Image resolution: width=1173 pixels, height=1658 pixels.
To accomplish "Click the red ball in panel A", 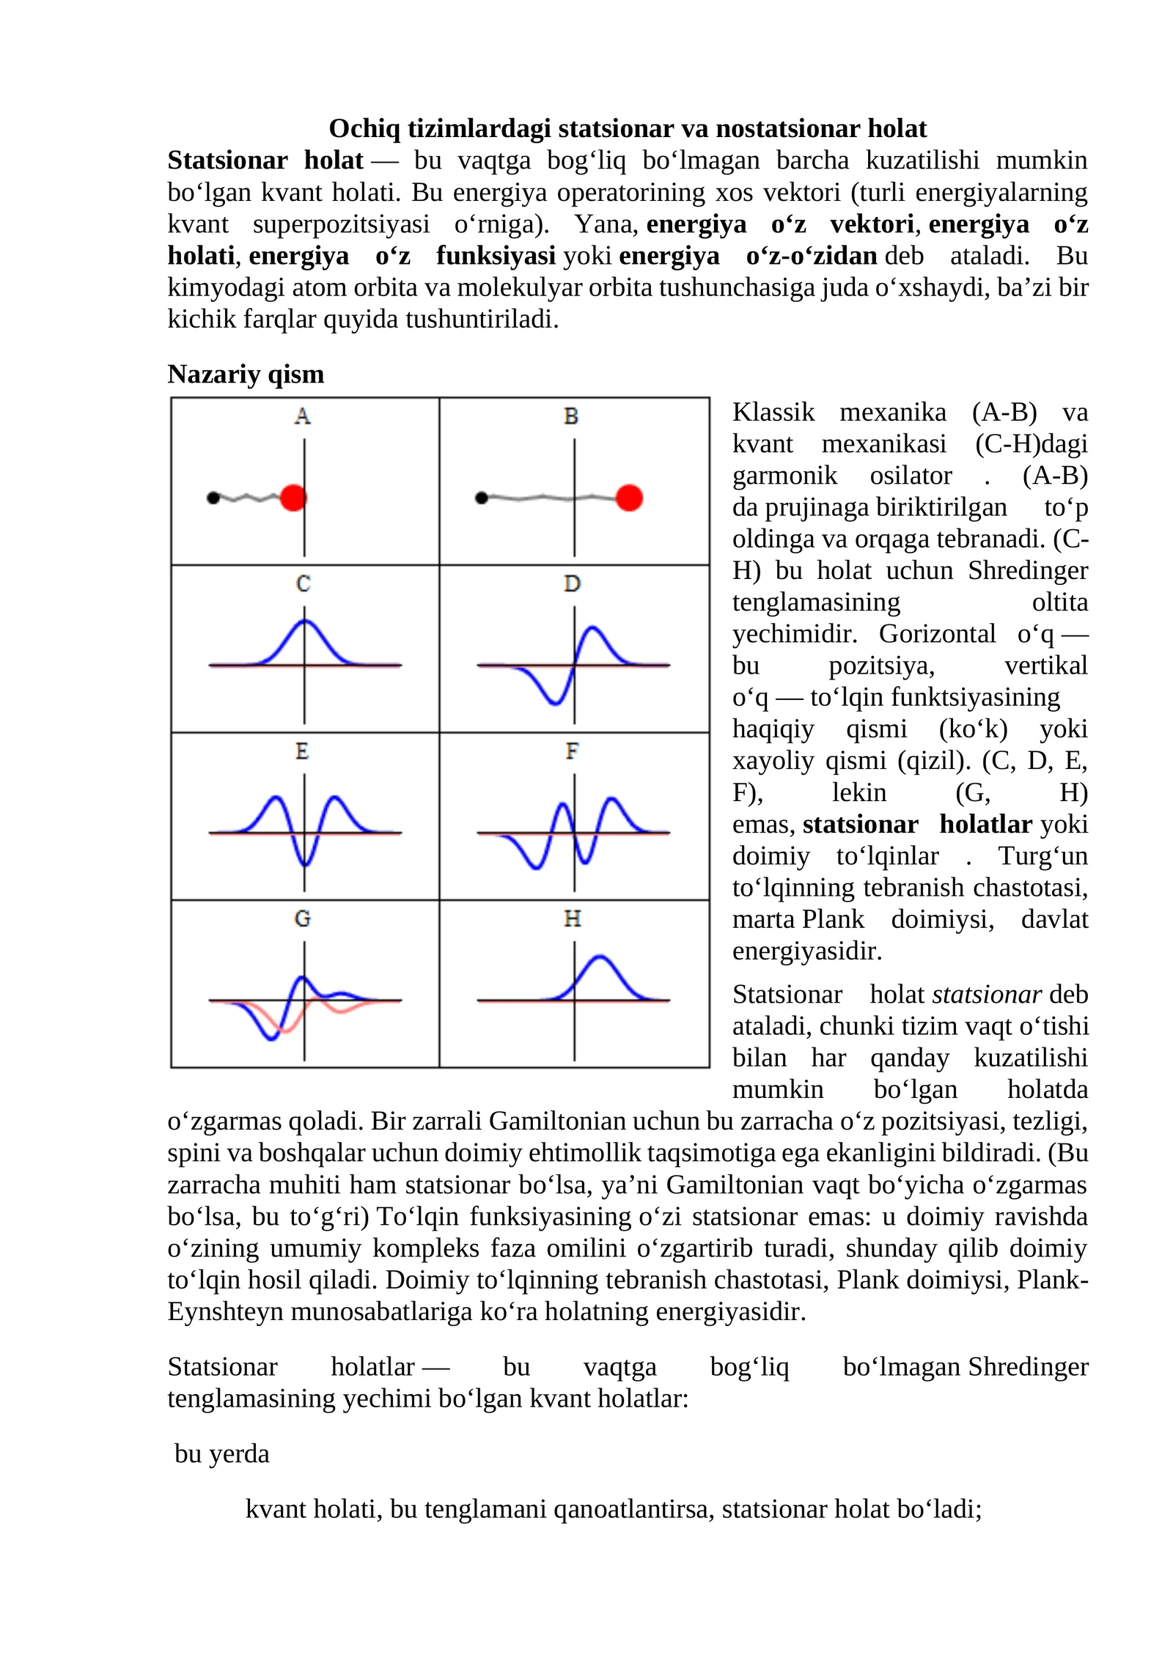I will pos(293,498).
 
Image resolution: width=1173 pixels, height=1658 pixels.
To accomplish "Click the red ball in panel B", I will pos(629,498).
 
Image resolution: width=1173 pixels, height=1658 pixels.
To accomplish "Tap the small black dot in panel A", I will pos(213,498).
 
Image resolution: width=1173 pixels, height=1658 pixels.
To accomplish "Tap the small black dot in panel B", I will pos(482,498).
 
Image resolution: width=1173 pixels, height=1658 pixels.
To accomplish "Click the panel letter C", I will pos(304,583).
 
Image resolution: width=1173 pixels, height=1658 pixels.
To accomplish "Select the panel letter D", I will pos(573,583).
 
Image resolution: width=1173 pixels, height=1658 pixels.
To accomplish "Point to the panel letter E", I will pos(302,751).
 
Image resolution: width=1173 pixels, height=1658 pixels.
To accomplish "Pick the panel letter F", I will pos(573,751).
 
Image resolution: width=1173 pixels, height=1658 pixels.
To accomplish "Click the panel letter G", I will pos(303,918).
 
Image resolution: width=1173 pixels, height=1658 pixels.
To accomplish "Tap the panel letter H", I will pos(573,918).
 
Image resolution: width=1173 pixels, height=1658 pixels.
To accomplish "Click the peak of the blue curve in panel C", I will pos(305,622).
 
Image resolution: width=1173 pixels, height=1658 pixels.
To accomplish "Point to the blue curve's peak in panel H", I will pos(600,957).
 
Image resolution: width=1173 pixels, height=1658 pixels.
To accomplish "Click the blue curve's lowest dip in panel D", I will pos(556,704).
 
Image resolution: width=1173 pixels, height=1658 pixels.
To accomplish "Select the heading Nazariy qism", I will pos(246,374).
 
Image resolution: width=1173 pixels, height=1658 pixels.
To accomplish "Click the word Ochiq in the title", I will pos(365,128).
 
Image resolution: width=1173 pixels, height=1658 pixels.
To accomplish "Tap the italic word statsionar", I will pos(987,995).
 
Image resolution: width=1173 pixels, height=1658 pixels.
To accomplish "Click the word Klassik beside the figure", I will pos(773,412).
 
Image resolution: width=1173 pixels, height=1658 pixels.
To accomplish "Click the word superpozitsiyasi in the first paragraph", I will pos(341,224).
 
